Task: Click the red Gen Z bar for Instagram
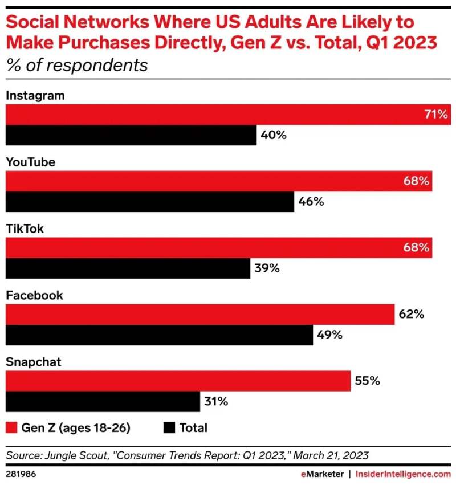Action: pyautogui.click(x=228, y=114)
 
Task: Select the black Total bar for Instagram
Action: pyautogui.click(x=131, y=136)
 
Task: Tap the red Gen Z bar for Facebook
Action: pyautogui.click(x=199, y=314)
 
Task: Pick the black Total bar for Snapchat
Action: pyautogui.click(x=103, y=402)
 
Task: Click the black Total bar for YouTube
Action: pyautogui.click(x=149, y=202)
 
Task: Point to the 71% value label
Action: pyautogui.click(x=436, y=115)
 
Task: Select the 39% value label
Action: pyautogui.click(x=266, y=268)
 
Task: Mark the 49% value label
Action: pyautogui.click(x=329, y=335)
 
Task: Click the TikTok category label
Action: pyautogui.click(x=25, y=229)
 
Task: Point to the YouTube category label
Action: pyautogui.click(x=30, y=162)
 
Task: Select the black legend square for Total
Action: pyautogui.click(x=169, y=427)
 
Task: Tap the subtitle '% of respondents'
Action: pyautogui.click(x=77, y=65)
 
